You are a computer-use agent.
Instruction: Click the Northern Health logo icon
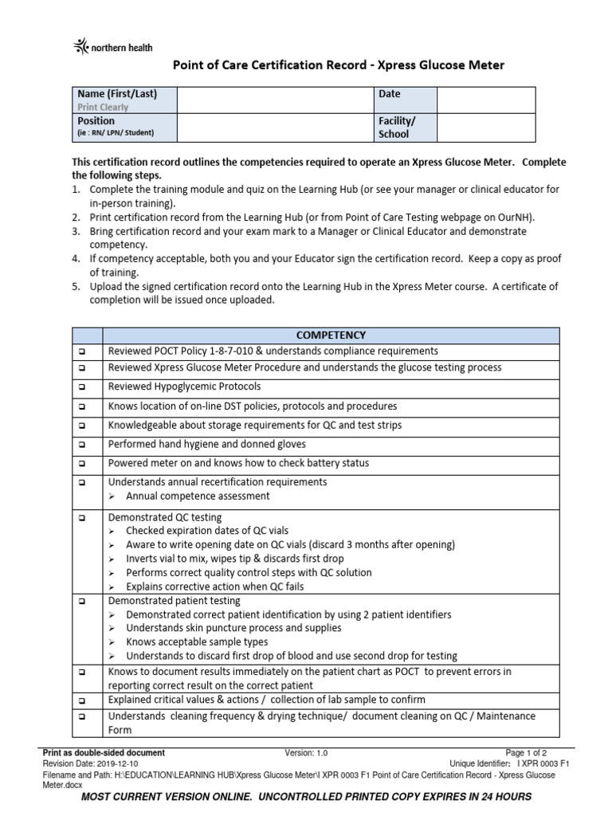(83, 48)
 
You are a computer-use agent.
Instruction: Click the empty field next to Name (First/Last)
(276, 100)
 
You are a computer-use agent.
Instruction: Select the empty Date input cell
(485, 100)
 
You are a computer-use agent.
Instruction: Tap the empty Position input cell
(276, 127)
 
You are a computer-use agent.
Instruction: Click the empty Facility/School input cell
(485, 127)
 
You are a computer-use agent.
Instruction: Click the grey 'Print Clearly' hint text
(103, 107)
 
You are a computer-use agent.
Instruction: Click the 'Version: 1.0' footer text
(306, 752)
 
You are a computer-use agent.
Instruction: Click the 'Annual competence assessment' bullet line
(198, 496)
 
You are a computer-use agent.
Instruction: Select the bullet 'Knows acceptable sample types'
(197, 642)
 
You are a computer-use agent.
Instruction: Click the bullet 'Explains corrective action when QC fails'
(214, 586)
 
